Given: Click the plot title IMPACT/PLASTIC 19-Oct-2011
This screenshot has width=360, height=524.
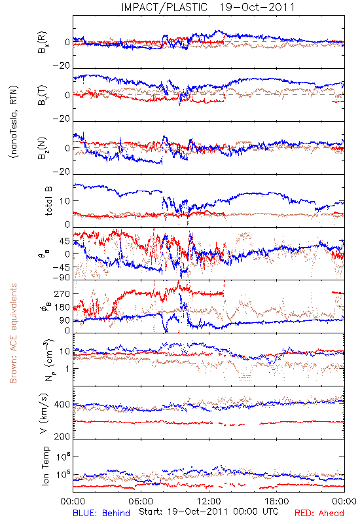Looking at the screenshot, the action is click(208, 7).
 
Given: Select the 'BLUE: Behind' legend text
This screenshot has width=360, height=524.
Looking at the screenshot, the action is click(101, 513).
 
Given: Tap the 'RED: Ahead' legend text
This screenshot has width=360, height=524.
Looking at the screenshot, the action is click(319, 513).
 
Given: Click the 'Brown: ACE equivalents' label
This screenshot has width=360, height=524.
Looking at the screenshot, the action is click(13, 333).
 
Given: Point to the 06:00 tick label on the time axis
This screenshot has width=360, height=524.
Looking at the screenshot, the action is click(141, 501).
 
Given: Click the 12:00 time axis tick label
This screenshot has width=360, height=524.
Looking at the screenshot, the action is click(209, 501).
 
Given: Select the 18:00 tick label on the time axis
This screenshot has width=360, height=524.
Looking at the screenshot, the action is click(277, 501).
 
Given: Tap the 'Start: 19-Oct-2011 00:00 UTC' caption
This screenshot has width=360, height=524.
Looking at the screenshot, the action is click(208, 512).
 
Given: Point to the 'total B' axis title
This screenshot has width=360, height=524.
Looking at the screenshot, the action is click(48, 201).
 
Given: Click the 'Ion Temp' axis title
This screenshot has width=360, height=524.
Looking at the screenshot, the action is click(45, 466).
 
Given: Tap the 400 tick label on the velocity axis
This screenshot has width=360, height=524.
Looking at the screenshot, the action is click(62, 405).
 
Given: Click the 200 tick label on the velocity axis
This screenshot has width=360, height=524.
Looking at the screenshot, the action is click(62, 436).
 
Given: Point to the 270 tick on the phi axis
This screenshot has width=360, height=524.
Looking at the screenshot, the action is click(62, 293).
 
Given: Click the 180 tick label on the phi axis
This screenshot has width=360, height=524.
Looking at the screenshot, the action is click(62, 307).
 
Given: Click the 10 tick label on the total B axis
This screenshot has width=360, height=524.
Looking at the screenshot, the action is click(65, 201).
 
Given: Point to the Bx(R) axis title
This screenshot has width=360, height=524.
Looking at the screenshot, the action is click(43, 43).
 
